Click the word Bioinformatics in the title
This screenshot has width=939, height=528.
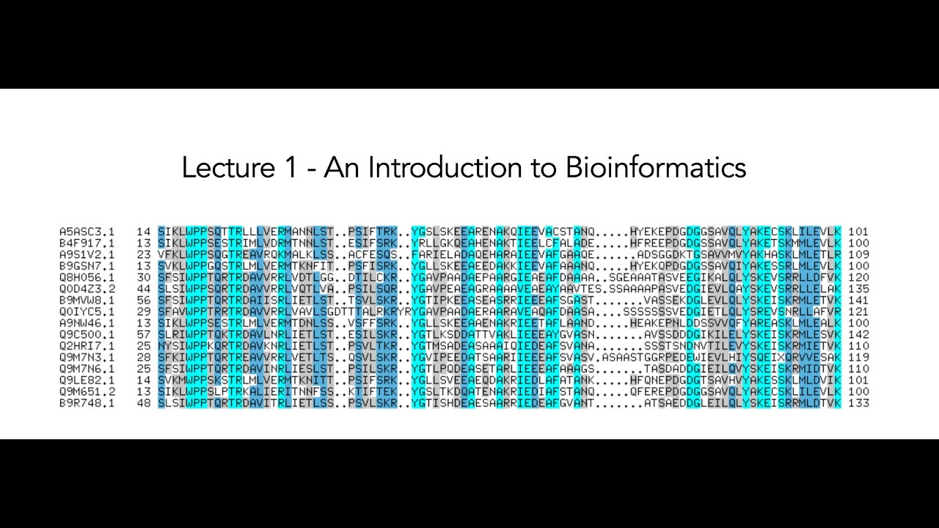point(655,167)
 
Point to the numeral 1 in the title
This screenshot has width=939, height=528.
point(288,167)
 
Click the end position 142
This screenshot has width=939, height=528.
point(858,334)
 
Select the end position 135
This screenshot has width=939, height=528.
point(858,289)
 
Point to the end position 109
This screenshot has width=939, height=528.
point(858,254)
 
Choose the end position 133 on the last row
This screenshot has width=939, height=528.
point(858,403)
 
